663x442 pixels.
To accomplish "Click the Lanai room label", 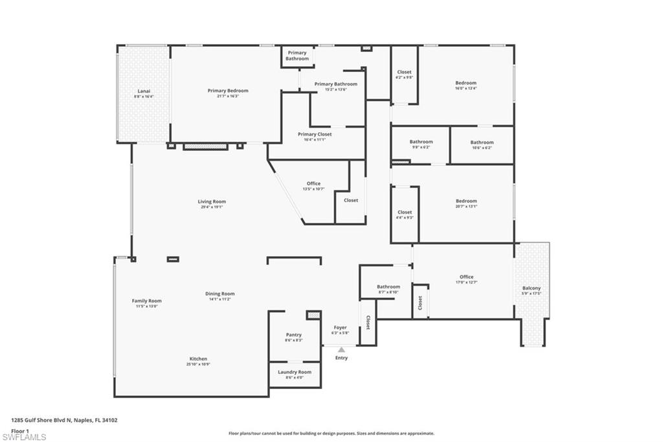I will coord(143,91).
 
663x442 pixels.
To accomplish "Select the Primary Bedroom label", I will coord(227,91).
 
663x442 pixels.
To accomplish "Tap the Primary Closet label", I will coord(315,134).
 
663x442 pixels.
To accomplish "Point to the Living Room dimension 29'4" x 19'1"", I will coord(212,207).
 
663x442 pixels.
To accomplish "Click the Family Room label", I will coord(146,301).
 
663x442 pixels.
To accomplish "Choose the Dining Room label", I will coord(219,294).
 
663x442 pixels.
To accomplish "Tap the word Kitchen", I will coord(198,358).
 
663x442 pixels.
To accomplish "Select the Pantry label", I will coord(293,335).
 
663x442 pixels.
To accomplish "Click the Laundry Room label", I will coord(295,372).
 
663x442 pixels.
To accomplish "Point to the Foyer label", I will coord(340,327).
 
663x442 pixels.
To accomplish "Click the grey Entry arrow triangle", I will coord(341,350).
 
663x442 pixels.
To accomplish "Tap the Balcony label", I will coord(531,288).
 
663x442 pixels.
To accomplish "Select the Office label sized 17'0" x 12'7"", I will coord(466,277).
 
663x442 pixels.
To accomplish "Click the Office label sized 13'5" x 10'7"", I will coord(313,183).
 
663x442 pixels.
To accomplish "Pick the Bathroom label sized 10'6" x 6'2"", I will coord(482,143).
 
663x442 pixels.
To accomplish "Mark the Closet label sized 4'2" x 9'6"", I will coord(404,72).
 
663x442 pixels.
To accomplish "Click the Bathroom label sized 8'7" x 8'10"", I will coord(388,286).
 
